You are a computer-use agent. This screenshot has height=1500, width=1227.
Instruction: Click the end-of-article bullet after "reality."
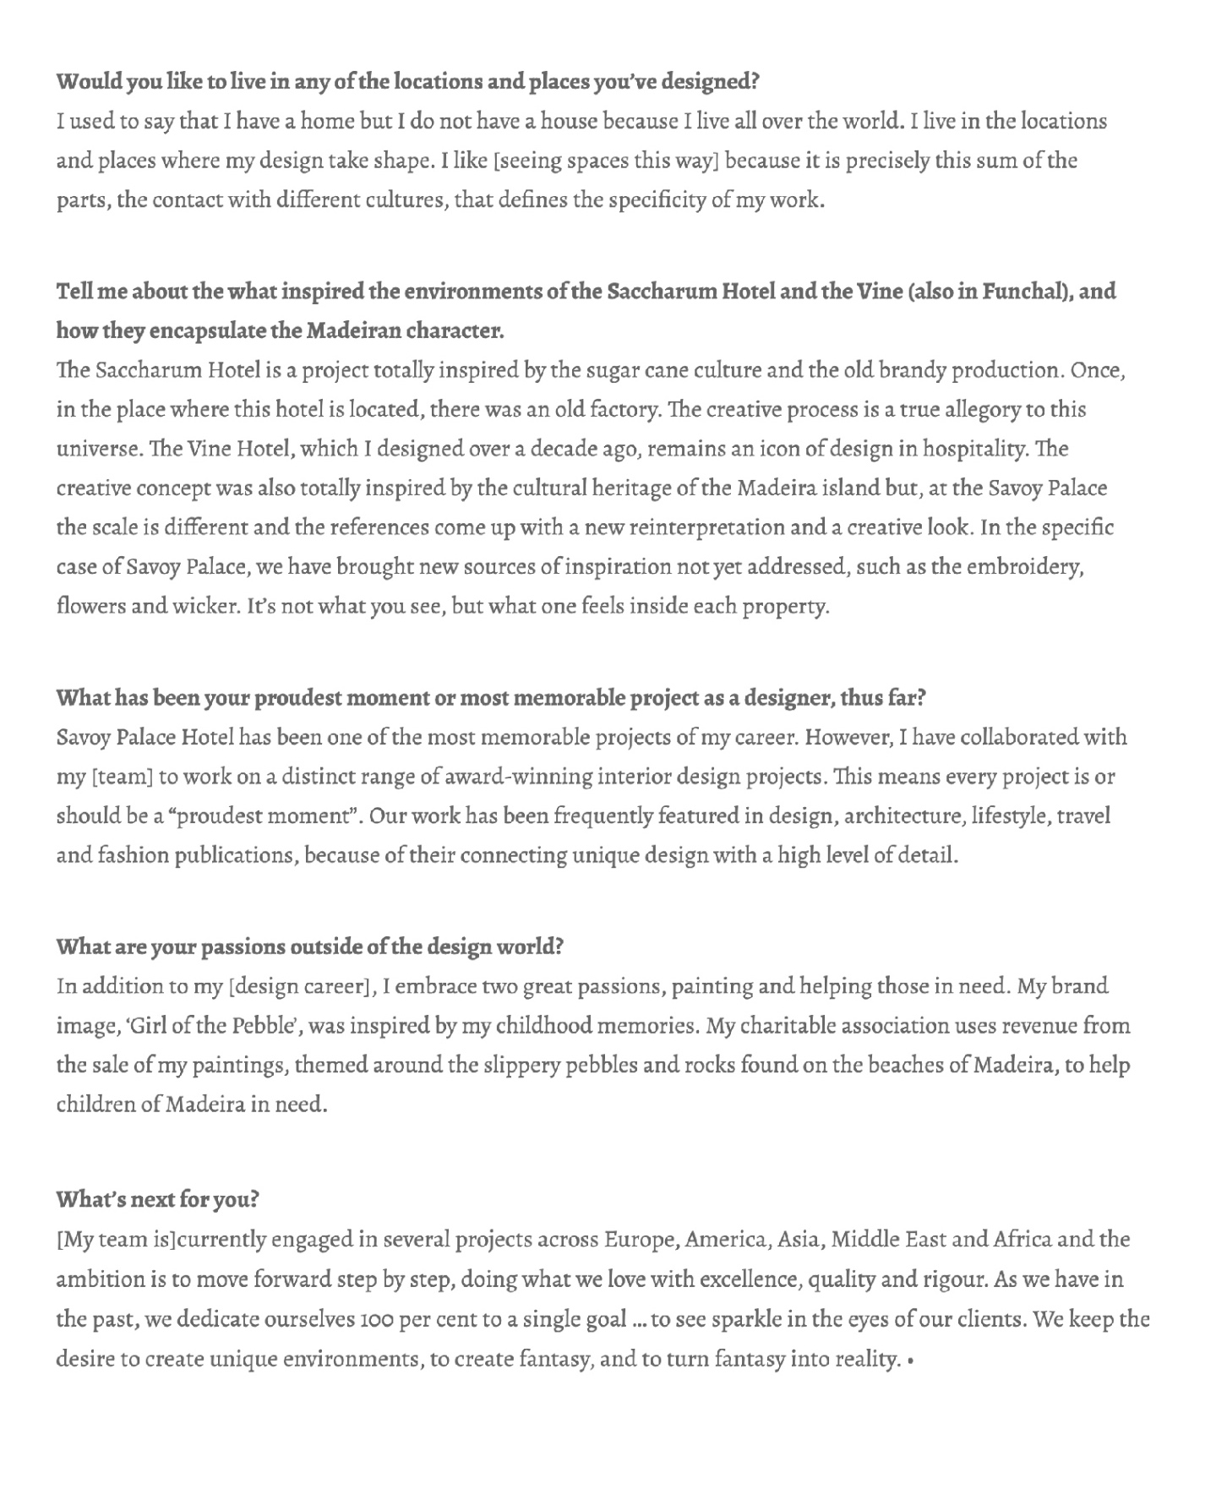[x=909, y=1361]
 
